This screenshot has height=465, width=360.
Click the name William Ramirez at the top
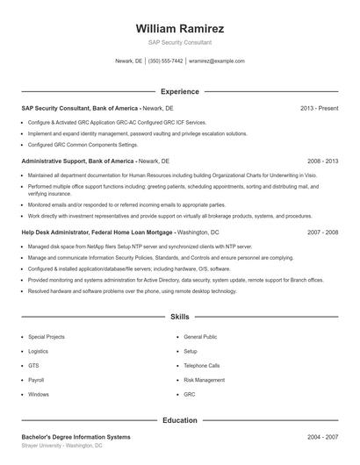coord(180,28)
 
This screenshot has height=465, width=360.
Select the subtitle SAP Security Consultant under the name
coord(180,42)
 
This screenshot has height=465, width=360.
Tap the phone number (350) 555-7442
coord(165,61)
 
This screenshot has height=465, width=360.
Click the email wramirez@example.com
coord(216,61)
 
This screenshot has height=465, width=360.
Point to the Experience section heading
coord(180,91)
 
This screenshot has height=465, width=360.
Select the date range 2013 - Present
coord(319,108)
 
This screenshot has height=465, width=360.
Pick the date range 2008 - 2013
coord(322,161)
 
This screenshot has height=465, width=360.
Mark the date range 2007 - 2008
coord(322,232)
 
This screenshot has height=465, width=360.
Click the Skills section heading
coord(180,316)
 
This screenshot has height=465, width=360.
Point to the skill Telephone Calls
coord(202,366)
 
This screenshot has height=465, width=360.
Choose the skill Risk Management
coord(204,380)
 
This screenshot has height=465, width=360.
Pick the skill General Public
coord(200,337)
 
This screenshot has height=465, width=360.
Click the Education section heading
coord(180,420)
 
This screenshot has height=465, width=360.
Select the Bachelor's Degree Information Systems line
coord(76,437)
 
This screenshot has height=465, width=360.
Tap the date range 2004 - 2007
coord(322,437)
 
